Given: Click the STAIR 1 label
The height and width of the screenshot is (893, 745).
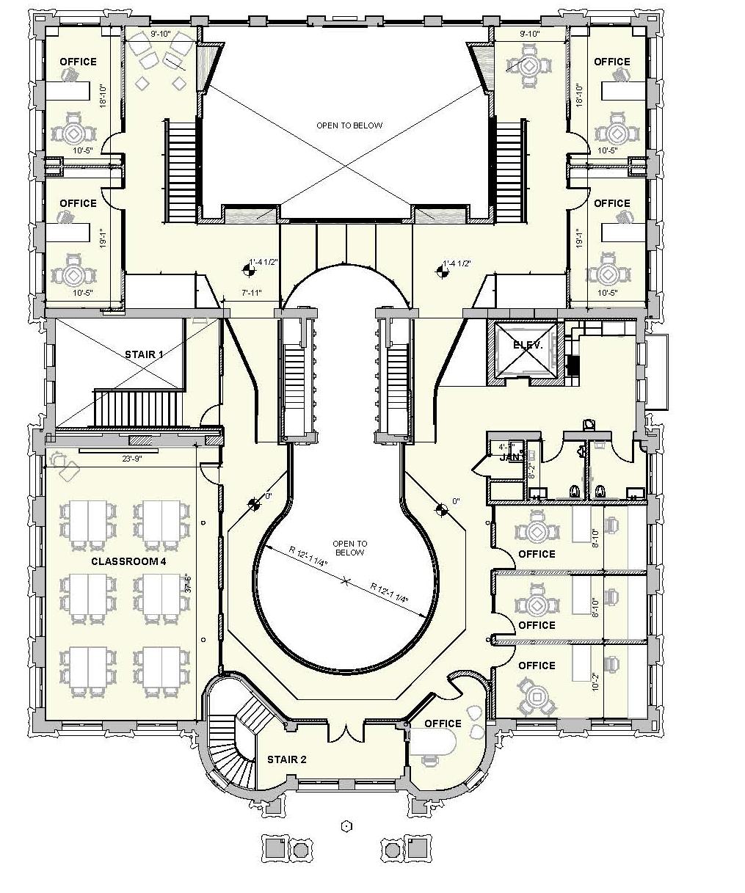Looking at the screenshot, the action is coord(144,354).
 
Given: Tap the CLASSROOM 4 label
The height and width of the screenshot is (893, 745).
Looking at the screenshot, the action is coord(129,561).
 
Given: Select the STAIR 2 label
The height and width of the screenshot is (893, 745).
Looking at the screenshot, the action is coord(287,759).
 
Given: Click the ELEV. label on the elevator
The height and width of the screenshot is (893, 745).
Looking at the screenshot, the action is coord(528,346).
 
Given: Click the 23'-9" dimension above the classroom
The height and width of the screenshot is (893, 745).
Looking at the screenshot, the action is coord(132,459).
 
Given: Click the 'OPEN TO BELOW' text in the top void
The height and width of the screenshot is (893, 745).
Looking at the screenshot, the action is coord(349,125).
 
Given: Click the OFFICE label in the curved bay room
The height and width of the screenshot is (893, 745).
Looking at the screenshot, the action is coord(443,723).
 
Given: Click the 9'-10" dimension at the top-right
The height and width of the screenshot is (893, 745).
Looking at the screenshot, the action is coord(529,34).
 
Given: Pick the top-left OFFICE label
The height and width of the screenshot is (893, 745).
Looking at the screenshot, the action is coord(78,62).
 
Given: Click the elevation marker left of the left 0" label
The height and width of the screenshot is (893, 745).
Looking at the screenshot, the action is coord(254,503).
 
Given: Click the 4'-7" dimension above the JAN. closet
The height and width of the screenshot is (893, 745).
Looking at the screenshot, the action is coord(506,446).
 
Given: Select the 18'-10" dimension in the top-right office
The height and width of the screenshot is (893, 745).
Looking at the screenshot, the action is coord(579,95).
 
